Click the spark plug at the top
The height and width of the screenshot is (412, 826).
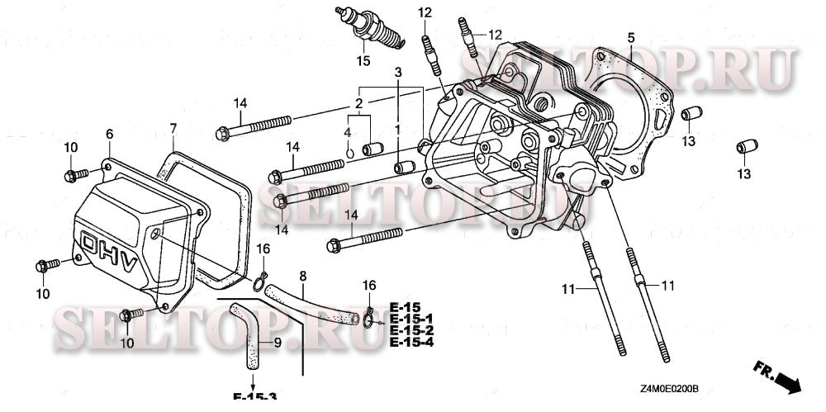(369, 27)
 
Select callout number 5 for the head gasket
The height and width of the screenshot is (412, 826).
(630, 38)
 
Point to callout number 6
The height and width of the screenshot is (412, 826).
(109, 134)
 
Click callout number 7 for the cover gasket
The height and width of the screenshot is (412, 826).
(173, 128)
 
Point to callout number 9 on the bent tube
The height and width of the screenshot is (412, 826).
(277, 342)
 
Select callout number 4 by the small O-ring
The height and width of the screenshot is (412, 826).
(348, 132)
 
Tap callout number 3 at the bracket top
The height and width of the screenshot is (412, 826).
(397, 74)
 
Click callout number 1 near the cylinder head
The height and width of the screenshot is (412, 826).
(397, 130)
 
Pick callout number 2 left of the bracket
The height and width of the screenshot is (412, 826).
(358, 103)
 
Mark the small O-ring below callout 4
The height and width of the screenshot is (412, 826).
(349, 151)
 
